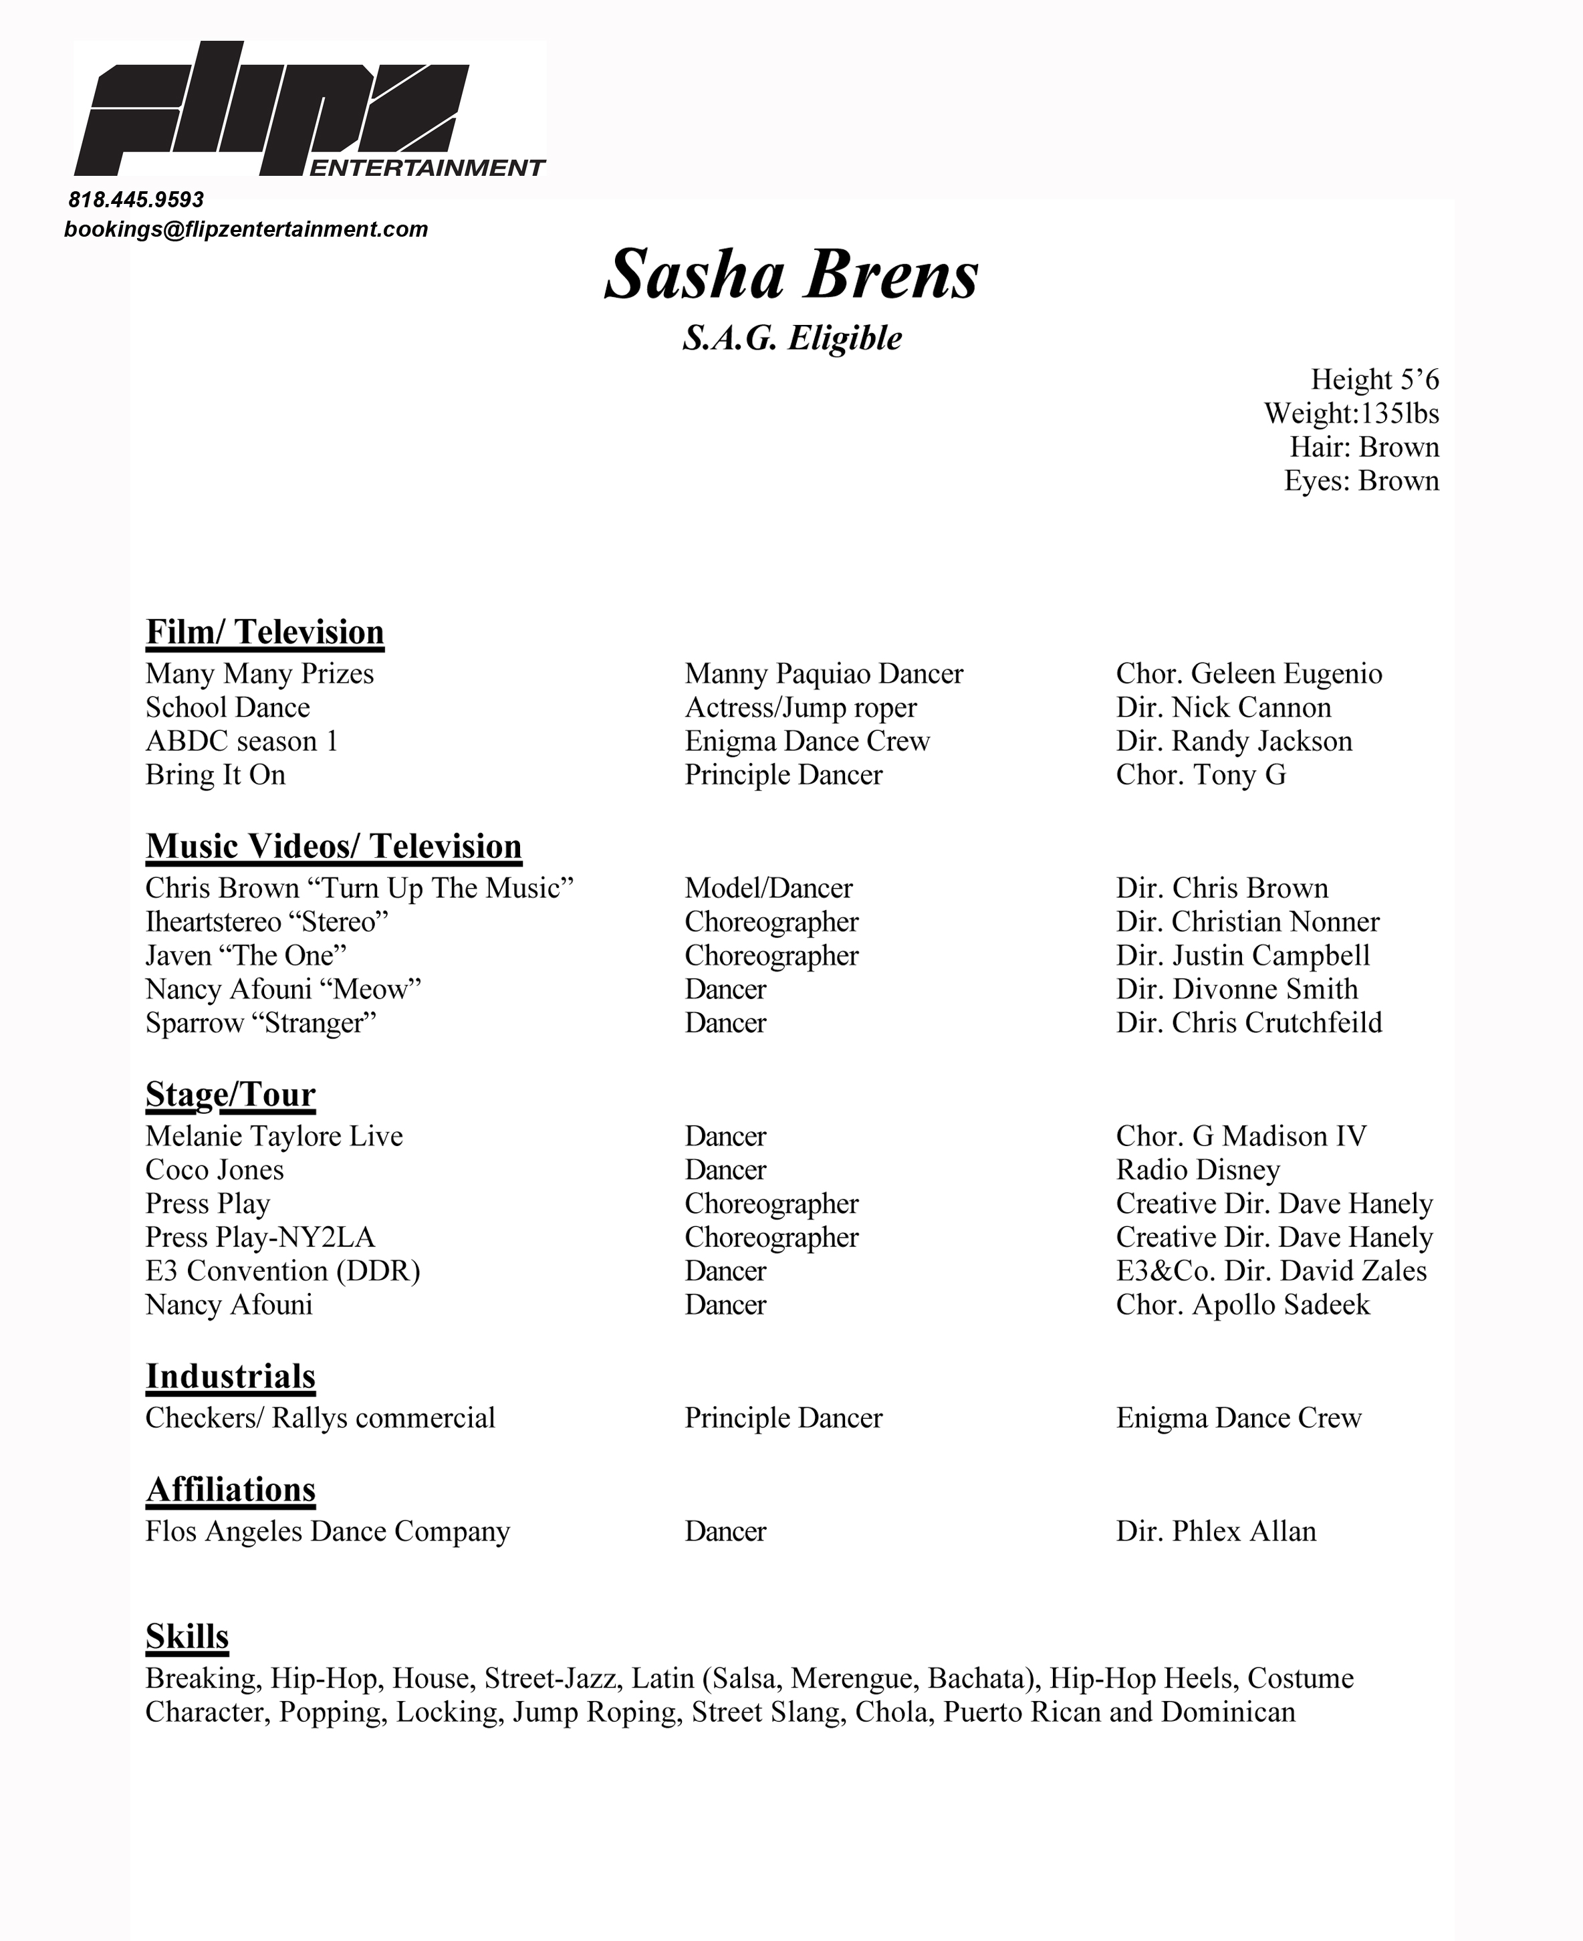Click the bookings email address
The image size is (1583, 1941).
tap(245, 229)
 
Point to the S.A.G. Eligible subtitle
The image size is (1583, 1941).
tap(791, 338)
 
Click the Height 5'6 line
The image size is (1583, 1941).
tap(1374, 380)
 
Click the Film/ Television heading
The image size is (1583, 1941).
tap(265, 632)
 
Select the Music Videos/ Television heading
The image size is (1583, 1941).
tap(334, 846)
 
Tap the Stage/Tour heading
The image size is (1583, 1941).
tap(231, 1095)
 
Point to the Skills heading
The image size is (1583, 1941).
tap(187, 1636)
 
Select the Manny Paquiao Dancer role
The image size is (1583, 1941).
tap(824, 674)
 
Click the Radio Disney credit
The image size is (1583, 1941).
tap(1197, 1170)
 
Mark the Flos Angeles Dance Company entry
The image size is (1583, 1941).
tap(328, 1531)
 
